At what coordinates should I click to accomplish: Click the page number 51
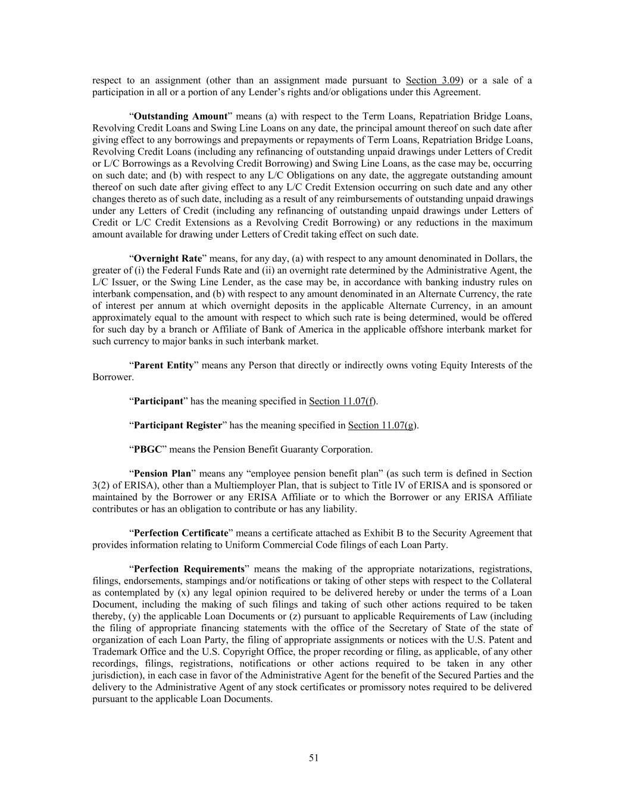click(314, 757)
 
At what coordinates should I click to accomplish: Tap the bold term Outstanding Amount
click(181, 116)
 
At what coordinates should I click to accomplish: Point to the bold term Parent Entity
click(164, 365)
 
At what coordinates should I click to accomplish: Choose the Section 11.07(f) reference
click(342, 402)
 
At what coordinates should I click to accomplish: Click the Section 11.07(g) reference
click(382, 425)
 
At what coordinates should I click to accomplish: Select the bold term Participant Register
click(177, 425)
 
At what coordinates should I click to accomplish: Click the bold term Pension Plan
click(163, 474)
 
